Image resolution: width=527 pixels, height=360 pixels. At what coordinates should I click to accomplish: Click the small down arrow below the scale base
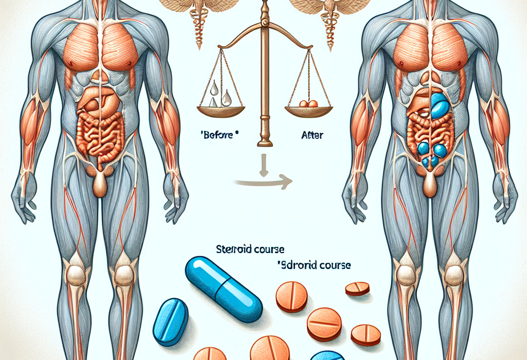tap(263, 167)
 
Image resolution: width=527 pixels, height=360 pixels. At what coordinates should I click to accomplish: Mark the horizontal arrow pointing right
tap(262, 181)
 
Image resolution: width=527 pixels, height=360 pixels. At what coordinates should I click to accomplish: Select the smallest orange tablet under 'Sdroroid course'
tap(357, 288)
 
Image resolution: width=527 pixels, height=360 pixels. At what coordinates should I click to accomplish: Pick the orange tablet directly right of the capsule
tap(292, 296)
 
